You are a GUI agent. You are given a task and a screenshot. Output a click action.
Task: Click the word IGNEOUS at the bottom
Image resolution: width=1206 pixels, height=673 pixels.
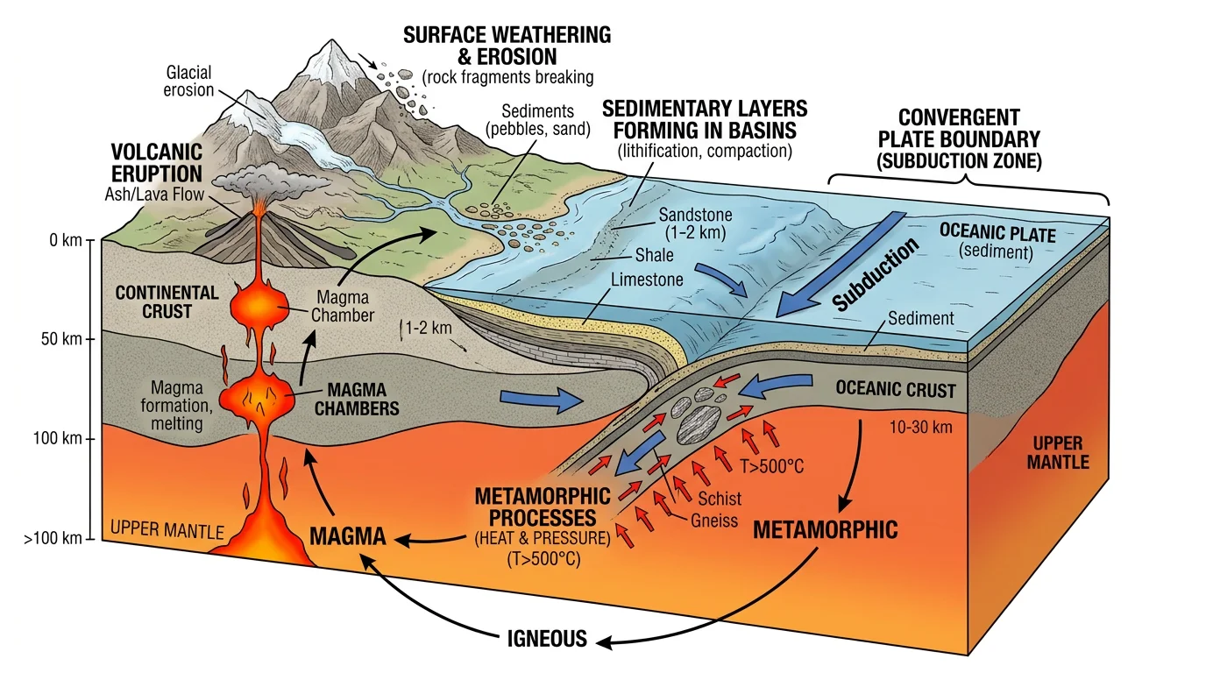[x=547, y=638]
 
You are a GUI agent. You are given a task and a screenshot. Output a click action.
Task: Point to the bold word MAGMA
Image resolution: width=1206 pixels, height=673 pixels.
[x=348, y=535]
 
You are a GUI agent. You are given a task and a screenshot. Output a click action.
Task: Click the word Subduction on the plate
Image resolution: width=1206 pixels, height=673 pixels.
[x=874, y=274]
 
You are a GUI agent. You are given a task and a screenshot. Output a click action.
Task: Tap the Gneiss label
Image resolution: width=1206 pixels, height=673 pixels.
[x=715, y=521]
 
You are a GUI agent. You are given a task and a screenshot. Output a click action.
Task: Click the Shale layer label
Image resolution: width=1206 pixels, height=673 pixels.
[x=654, y=256]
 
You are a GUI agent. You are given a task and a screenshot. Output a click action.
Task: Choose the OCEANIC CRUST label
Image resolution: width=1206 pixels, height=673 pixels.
[x=895, y=389]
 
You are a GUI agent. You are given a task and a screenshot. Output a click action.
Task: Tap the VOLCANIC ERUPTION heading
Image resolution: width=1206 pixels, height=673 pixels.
[x=156, y=163]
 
